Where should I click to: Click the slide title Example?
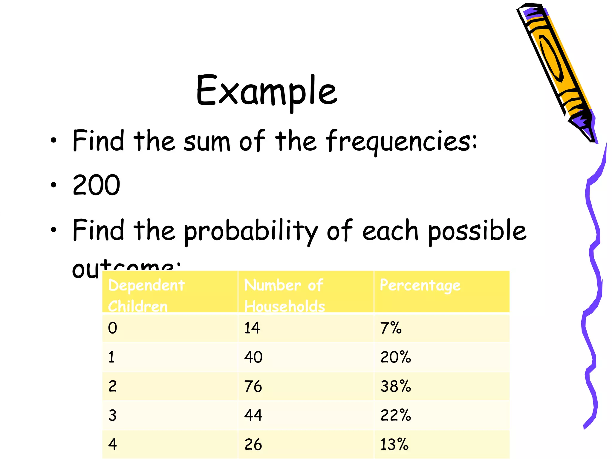[267, 91]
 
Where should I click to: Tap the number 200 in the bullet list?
[96, 185]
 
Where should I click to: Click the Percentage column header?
[420, 285]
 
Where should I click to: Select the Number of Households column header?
[284, 295]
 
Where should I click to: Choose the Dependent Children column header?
[146, 295]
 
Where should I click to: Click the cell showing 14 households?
[252, 328]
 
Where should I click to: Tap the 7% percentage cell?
[391, 328]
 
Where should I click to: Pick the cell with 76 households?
[253, 386]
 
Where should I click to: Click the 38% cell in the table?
[396, 386]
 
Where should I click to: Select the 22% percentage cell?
[396, 415]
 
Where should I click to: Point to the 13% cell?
[394, 444]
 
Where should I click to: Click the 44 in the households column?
[253, 415]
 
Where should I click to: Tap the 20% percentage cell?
[396, 357]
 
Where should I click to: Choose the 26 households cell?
[253, 444]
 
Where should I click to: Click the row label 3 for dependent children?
[112, 415]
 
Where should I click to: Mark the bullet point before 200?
[53, 185]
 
